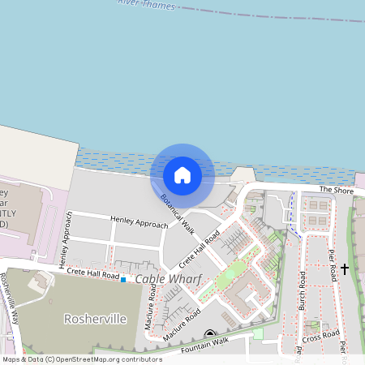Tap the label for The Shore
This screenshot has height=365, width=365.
tap(336, 189)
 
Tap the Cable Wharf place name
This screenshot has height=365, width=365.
tap(168, 279)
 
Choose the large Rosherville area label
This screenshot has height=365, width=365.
tap(96, 319)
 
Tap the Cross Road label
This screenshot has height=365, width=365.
tap(320, 335)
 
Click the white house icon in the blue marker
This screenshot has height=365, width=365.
tap(182, 174)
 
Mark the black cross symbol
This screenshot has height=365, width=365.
tap(345, 268)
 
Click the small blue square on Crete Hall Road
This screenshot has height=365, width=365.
tap(123, 280)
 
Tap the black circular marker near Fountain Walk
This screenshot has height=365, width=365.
tap(209, 334)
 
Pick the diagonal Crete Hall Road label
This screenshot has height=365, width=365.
tap(200, 250)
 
